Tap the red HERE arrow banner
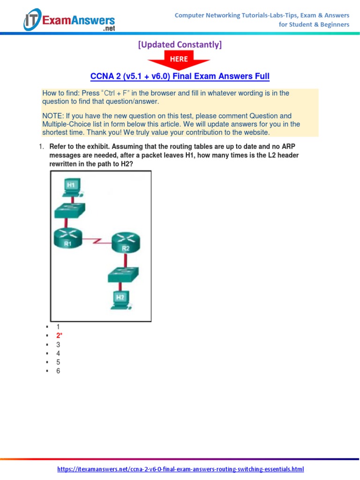(179, 60)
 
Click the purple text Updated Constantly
(180, 45)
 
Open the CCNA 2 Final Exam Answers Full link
(180, 76)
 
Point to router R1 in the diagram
(68, 238)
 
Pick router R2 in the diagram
(125, 244)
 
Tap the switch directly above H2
(122, 274)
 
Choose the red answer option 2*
(59, 336)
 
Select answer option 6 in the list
(58, 371)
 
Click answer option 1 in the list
(58, 327)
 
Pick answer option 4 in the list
(58, 353)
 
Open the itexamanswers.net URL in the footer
(180, 469)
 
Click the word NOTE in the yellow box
(51, 116)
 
